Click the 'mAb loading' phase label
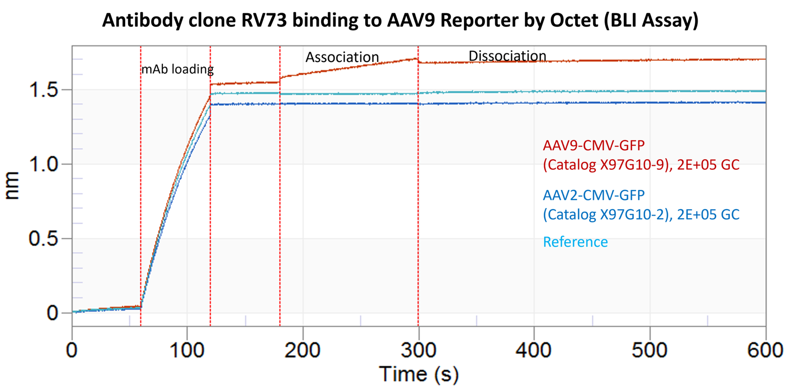177,69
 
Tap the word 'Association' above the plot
342,57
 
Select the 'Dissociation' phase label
507,56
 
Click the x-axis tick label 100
187,350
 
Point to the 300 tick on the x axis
418,350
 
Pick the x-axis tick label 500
649,350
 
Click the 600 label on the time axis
765,350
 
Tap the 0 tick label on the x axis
72,350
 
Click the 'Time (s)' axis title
419,374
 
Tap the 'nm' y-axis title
12,185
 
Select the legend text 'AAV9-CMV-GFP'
594,146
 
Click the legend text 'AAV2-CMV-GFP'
594,195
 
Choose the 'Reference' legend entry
575,242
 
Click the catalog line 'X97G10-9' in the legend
641,165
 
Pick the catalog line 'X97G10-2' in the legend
641,215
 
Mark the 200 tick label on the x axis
303,350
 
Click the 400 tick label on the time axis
534,350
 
